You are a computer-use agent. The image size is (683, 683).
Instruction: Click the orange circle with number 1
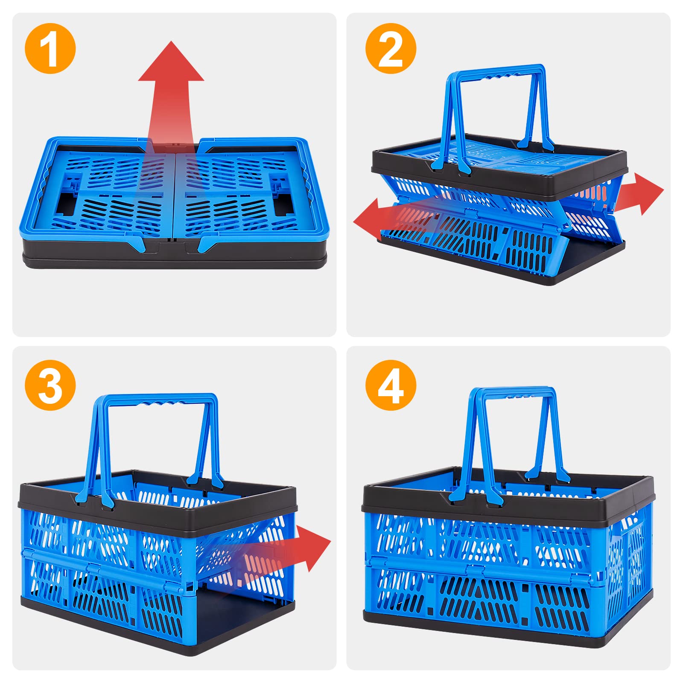pos(50,48)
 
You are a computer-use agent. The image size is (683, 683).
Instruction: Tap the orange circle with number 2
pos(391,48)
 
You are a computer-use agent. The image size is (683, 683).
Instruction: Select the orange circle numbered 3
pos(50,385)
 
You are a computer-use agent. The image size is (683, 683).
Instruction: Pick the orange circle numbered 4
pos(391,385)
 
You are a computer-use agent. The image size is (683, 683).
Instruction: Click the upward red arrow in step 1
pos(171,85)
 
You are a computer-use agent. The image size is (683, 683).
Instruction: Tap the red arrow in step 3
pos(299,551)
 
